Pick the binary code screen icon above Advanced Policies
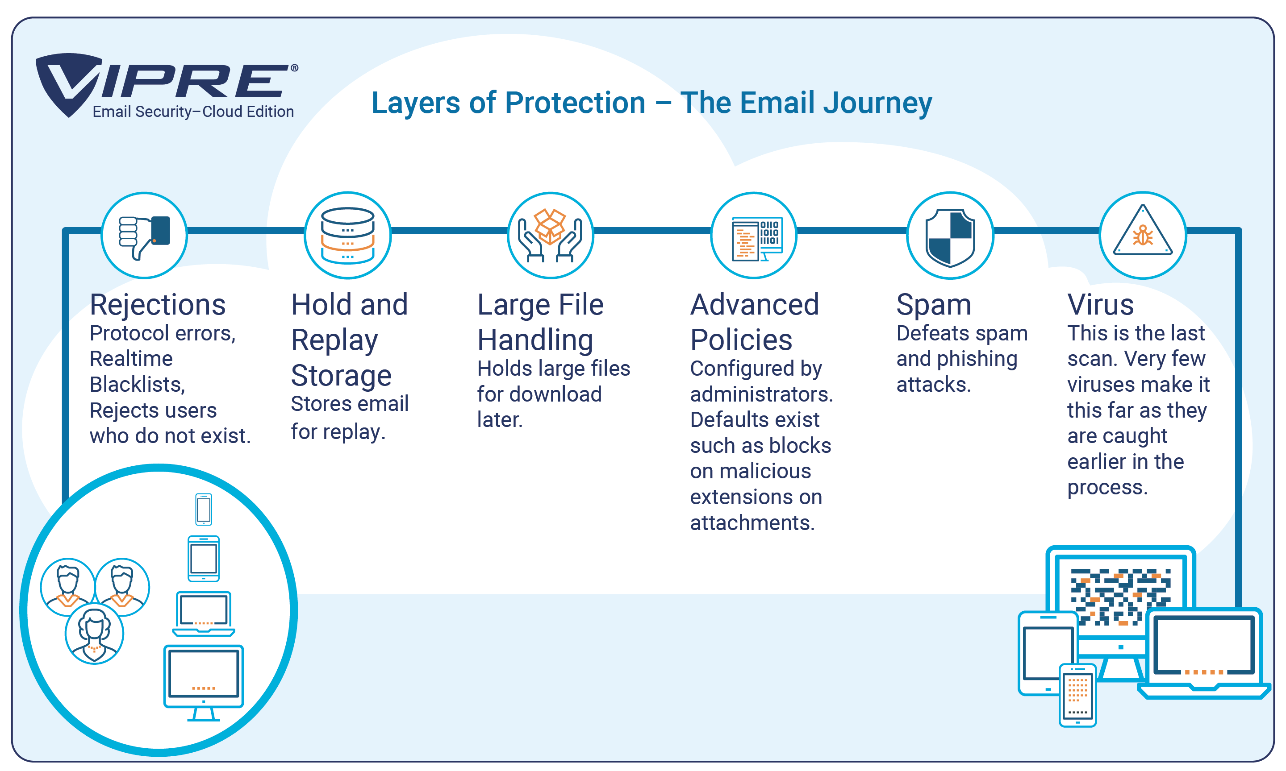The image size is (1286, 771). point(757,238)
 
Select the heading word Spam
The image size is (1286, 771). point(934,306)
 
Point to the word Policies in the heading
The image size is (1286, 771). point(741,340)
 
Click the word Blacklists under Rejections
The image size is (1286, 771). point(137,385)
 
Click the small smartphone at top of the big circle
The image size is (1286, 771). point(203,509)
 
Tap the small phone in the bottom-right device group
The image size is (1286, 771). point(1077,695)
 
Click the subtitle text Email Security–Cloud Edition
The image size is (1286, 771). point(193,112)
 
